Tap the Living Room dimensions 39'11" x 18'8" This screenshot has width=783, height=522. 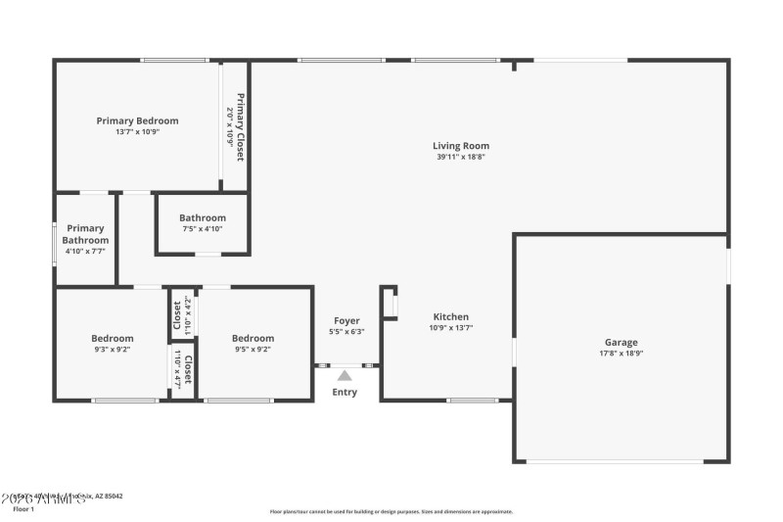460,157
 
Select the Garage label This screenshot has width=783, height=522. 621,342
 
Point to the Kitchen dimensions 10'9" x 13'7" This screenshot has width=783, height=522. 451,328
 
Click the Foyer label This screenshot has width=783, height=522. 346,320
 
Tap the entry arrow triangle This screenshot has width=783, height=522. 345,374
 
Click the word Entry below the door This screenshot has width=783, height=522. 345,393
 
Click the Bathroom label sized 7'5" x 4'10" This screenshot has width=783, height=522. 203,217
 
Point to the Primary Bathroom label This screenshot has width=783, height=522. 85,234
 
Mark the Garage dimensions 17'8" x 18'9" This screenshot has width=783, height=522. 621,354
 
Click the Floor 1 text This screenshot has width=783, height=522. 23,509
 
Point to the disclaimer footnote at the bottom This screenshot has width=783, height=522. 391,511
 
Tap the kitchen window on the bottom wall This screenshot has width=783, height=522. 473,400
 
